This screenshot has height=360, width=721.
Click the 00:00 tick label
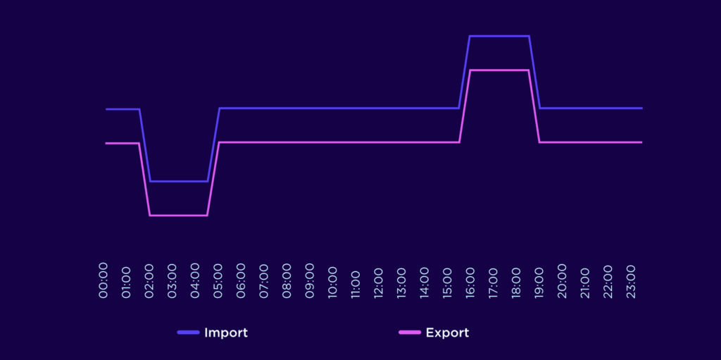pos(104,280)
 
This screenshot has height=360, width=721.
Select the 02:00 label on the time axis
pos(150,280)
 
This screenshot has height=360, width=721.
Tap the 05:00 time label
pos(218,280)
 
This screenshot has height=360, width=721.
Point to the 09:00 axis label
pos(310,280)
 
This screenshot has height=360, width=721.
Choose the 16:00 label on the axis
pos(470,280)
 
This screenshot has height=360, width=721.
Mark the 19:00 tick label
pos(539,280)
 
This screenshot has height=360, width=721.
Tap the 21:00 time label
pos(584,280)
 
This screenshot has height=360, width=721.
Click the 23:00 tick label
pos(630,280)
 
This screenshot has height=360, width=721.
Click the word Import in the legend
pos(226,333)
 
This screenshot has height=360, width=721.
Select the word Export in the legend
pos(447,333)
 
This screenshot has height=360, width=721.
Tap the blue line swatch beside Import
pos(188,333)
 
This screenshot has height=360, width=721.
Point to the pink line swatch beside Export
pos(410,333)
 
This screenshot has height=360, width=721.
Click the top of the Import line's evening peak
pos(499,36)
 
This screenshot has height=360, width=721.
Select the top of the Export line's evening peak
pos(499,70)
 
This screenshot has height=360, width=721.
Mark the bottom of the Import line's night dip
pos(179,181)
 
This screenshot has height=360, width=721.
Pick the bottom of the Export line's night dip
pos(179,216)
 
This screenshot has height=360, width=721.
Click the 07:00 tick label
pos(264,280)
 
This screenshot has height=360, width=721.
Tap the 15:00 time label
pos(447,280)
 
